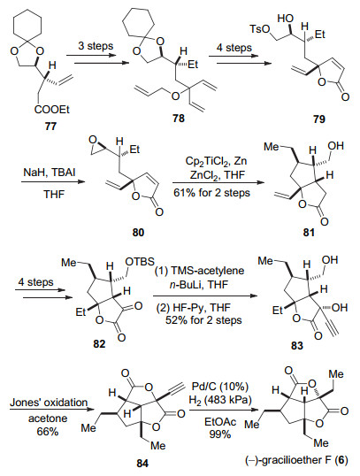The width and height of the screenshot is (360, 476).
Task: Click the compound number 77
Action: point(50,126)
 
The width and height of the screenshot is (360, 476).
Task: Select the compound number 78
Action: point(179,119)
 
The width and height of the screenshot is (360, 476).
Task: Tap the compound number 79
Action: point(319,119)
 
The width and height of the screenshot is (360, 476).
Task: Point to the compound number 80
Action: point(138,233)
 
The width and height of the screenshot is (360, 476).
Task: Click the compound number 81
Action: point(309,233)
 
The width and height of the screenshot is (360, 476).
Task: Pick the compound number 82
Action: point(99,344)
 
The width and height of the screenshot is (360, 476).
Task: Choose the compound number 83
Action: point(297,346)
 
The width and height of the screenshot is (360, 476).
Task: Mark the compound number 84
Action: point(142,464)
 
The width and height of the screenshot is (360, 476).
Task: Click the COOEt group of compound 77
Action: point(51,110)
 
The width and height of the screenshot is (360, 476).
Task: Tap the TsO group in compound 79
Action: point(260,29)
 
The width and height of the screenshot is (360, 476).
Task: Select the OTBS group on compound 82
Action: point(141,261)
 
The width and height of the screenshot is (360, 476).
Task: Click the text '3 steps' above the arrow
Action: point(96,46)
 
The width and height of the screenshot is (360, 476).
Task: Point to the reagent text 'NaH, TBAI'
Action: point(50,173)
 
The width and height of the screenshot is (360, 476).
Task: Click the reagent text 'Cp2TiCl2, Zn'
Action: point(216,161)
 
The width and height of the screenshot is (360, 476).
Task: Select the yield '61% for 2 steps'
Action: point(212,193)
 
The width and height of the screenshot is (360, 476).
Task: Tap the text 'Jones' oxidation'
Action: point(49,403)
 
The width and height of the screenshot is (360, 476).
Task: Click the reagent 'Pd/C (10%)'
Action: point(220,387)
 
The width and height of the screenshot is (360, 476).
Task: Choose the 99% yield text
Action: point(220,434)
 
